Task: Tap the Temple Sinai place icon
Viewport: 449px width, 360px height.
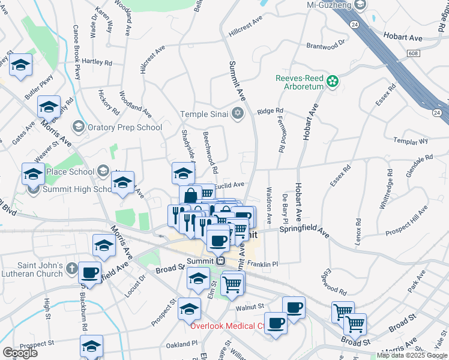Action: tap(238, 113)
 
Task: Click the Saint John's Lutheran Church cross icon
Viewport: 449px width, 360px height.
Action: tap(71, 268)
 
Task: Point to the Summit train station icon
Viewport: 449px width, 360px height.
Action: tap(220, 260)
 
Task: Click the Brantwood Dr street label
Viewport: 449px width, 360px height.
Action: tap(326, 44)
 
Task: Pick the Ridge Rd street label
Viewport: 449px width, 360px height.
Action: tap(270, 111)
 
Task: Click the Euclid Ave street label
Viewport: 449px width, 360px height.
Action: tap(230, 185)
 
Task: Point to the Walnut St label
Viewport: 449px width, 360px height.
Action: tap(250, 307)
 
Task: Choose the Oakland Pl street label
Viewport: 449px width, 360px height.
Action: tap(182, 344)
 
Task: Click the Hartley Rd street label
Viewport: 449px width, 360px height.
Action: tap(97, 62)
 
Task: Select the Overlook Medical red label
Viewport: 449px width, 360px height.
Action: tap(228, 326)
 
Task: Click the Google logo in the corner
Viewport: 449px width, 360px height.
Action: tap(20, 352)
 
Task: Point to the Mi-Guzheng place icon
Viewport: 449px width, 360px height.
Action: tap(360, 5)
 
